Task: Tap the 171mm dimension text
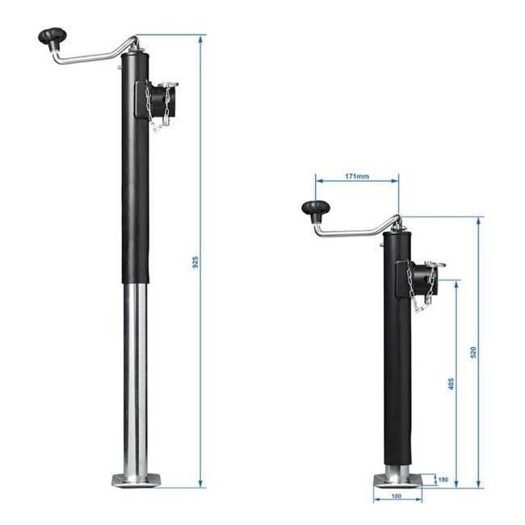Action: click(356, 174)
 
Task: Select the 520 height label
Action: click(473, 352)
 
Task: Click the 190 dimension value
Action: click(443, 480)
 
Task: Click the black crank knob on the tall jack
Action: click(52, 37)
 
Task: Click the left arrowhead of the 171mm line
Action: click(318, 181)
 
